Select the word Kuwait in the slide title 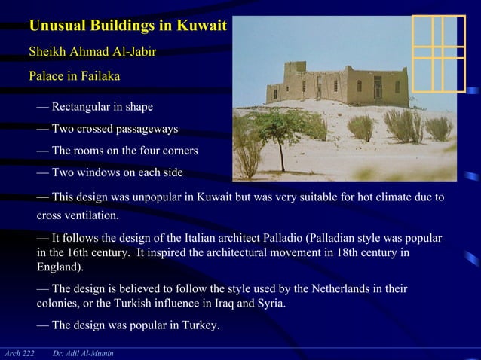coord(201,26)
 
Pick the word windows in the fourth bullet coord(97,172)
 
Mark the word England coord(59,267)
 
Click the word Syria coord(269,304)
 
